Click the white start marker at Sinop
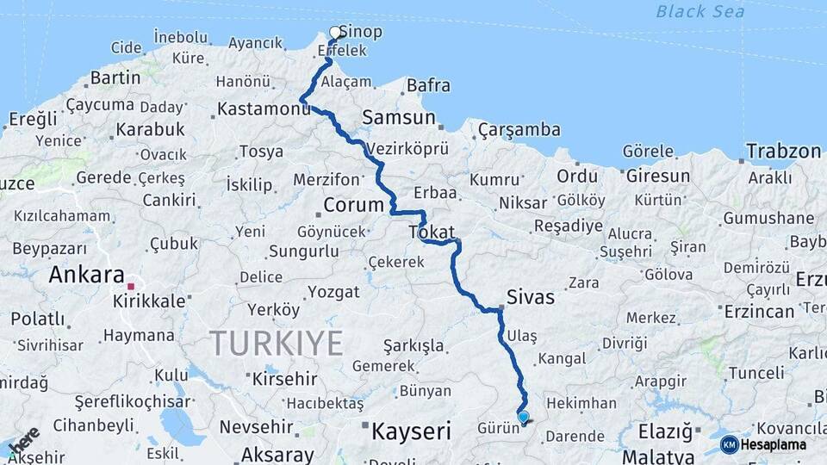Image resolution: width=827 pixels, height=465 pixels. pyautogui.click(x=335, y=33)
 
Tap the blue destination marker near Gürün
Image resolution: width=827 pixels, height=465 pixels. pyautogui.click(x=523, y=417)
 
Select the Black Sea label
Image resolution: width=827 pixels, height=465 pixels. pyautogui.click(x=700, y=11)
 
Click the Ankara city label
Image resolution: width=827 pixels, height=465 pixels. pyautogui.click(x=87, y=275)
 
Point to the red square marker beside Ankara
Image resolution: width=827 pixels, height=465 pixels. pyautogui.click(x=131, y=286)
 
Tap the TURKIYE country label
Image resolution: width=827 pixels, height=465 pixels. pyautogui.click(x=277, y=343)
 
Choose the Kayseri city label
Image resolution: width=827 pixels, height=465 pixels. pyautogui.click(x=411, y=431)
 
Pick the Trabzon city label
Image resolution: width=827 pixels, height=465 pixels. pyautogui.click(x=783, y=152)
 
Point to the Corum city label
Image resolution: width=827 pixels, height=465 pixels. pyautogui.click(x=352, y=205)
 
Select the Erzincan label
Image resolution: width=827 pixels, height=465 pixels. pyautogui.click(x=759, y=311)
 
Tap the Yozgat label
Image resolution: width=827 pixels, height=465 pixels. pyautogui.click(x=333, y=292)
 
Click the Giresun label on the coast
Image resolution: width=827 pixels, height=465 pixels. pyautogui.click(x=658, y=176)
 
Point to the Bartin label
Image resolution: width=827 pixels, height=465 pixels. pyautogui.click(x=115, y=77)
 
